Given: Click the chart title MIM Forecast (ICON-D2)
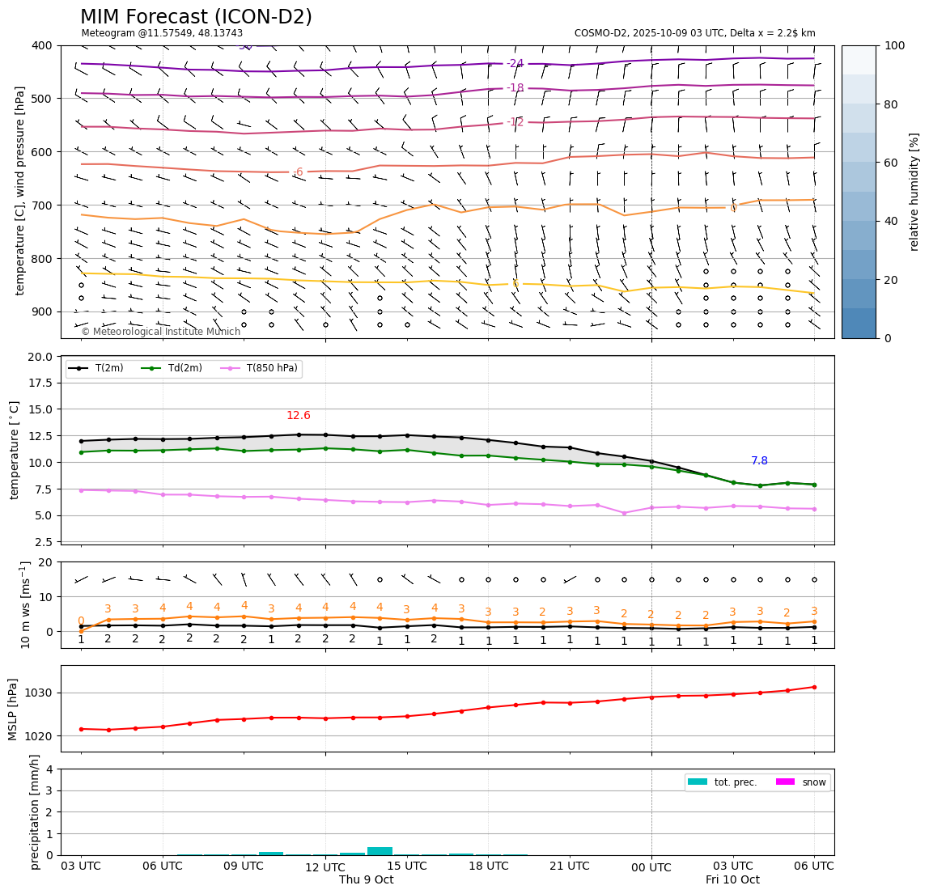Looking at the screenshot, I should coord(196,17).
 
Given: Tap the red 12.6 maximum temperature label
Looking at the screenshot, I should coord(298,416).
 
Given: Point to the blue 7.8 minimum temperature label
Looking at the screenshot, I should coord(759,461).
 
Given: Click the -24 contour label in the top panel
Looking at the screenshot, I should coord(515,63).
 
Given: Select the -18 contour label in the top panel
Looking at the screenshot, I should coord(515,87).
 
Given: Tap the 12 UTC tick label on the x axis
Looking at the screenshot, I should coord(325,867).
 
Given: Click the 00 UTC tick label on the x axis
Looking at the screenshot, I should coord(651,867).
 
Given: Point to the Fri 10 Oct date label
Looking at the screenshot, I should coord(732,880).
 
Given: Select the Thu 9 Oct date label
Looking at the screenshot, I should coord(366,880).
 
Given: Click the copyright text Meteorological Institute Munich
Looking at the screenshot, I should coord(160,332).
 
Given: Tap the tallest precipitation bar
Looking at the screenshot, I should coord(380,850).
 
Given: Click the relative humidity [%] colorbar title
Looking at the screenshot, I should coord(914,192).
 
